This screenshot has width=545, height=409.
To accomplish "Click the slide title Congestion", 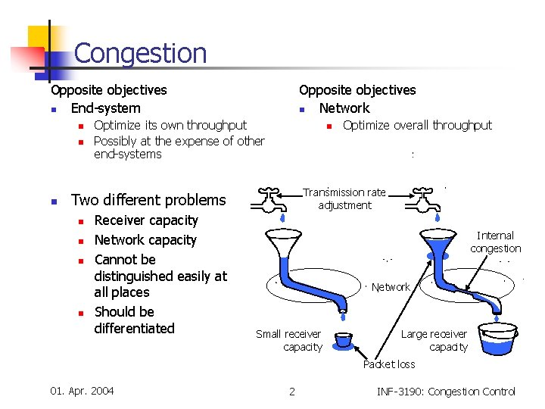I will point(140,53).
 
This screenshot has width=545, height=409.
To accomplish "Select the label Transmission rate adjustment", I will point(344,198).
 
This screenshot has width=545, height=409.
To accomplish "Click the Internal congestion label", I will point(495,242).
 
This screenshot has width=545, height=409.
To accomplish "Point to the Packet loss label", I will point(389,364).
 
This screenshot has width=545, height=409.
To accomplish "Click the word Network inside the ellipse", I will point(391,287).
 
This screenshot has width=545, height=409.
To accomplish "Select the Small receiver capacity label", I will point(288,340).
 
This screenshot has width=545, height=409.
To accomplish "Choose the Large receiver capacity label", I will point(434,340).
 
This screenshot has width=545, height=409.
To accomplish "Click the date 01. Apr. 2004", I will point(82,391).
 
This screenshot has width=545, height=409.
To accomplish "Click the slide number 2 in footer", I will point(292,392).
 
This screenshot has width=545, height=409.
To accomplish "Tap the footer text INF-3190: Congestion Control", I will point(445,392).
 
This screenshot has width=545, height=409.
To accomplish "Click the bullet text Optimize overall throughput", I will point(417,125).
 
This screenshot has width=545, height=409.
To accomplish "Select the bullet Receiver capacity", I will point(145,220).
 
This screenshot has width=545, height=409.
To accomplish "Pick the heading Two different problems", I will point(148,200).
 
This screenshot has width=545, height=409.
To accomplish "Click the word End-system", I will point(105,108).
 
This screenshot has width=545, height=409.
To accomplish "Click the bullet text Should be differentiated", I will point(134,320).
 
